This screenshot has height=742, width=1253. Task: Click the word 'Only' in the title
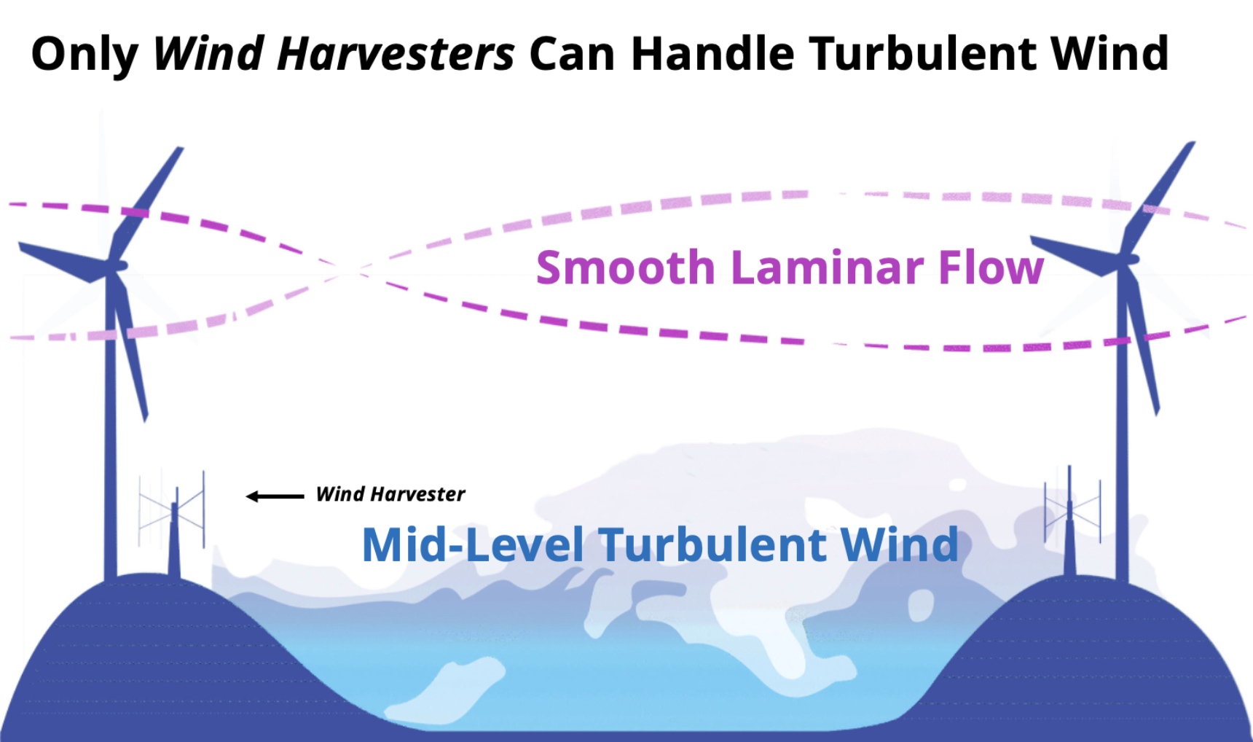tap(85, 55)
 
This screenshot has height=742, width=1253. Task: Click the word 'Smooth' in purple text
tap(626, 267)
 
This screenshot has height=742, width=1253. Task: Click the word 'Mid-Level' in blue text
tap(473, 544)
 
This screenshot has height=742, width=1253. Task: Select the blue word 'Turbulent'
tap(712, 544)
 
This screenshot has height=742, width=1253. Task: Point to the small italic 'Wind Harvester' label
tap(390, 494)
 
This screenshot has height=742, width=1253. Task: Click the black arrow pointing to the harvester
tap(275, 496)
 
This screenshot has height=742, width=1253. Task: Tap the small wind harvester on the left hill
tap(173, 523)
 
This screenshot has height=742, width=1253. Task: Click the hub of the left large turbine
tap(115, 267)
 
